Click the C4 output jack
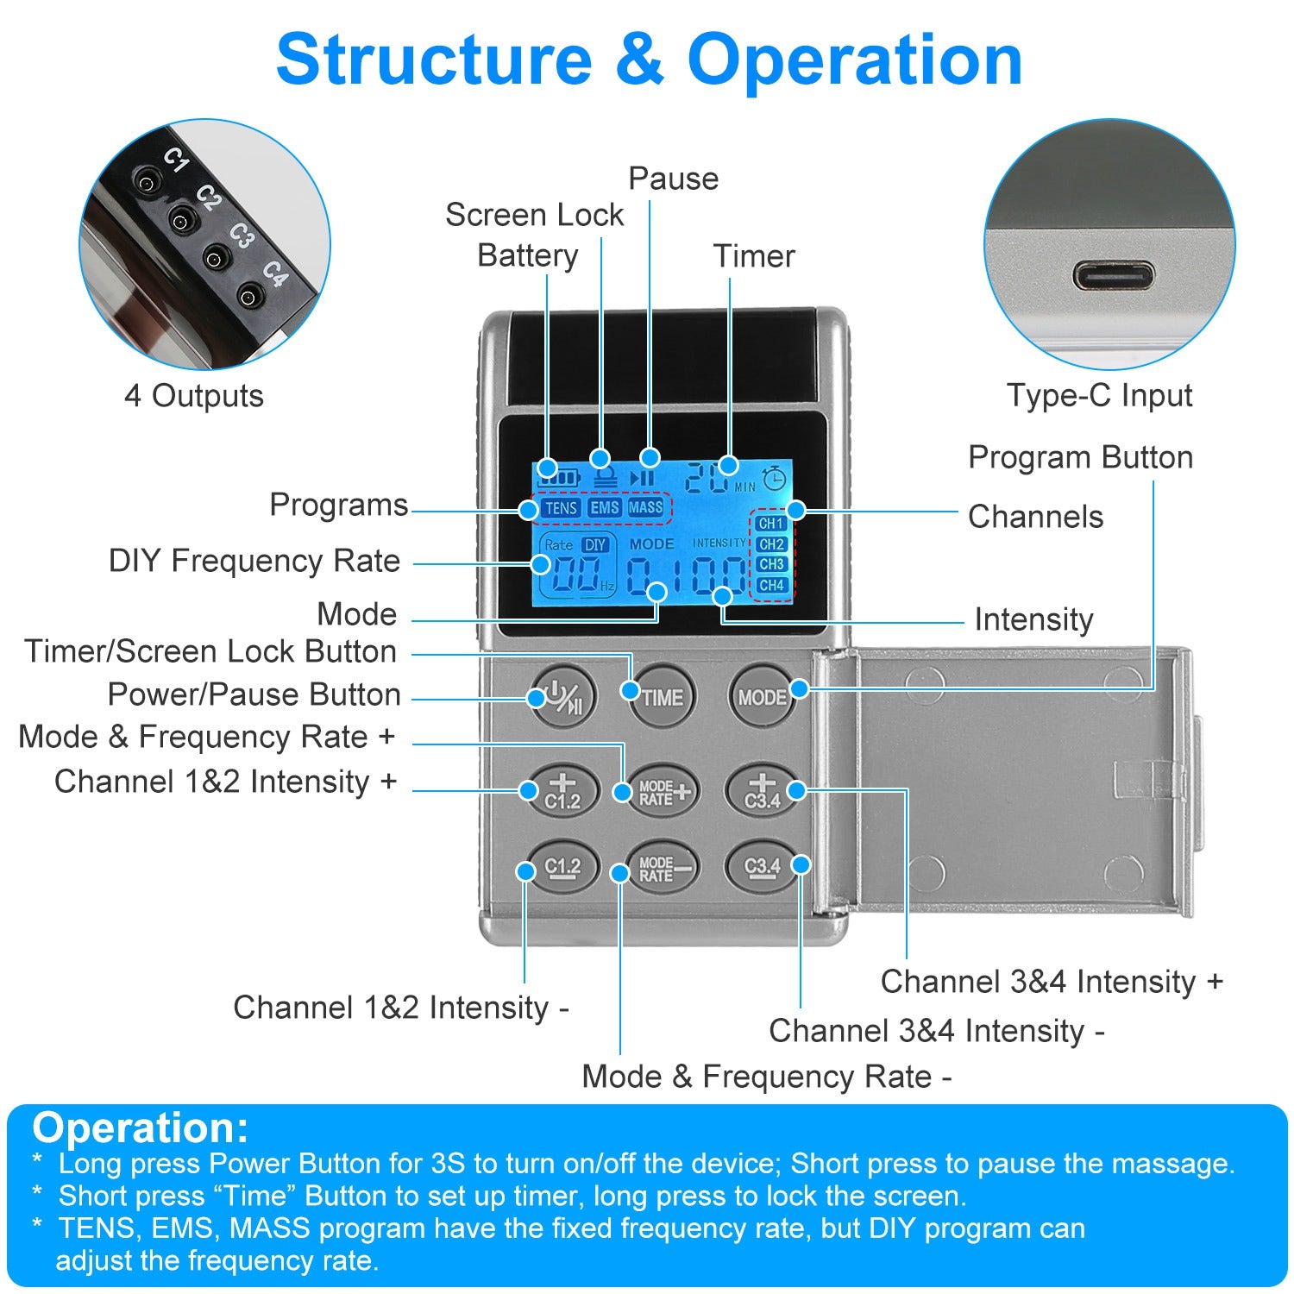(x=249, y=298)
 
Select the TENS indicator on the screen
(x=561, y=508)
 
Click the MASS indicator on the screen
(x=645, y=508)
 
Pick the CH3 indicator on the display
(x=771, y=564)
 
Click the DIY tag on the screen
(x=595, y=545)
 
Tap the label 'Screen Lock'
(x=534, y=215)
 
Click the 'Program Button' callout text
(x=1080, y=457)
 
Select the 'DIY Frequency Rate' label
(x=254, y=561)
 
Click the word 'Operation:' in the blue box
(x=141, y=1128)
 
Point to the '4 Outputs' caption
(x=194, y=396)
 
